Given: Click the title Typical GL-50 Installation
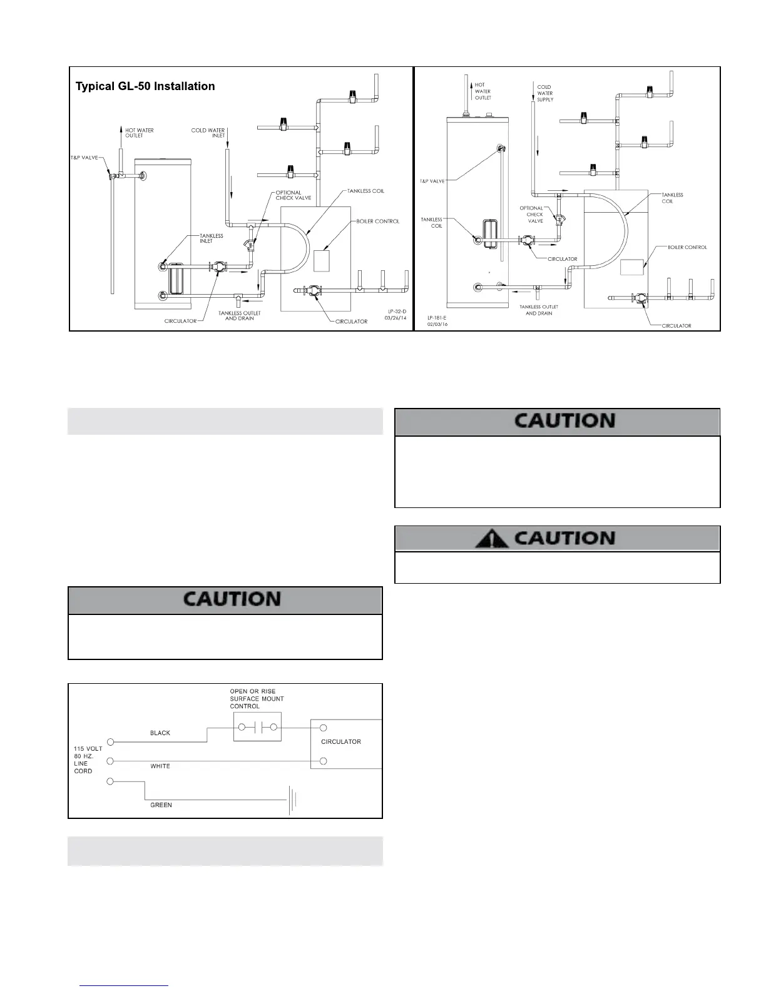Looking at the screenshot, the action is [x=145, y=86].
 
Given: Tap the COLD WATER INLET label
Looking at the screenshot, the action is [x=208, y=133].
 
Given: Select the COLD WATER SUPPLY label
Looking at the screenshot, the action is [x=544, y=93].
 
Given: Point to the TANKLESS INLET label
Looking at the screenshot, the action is [x=212, y=238].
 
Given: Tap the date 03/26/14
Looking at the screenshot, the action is [x=396, y=318].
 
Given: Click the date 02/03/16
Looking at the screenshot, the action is [x=437, y=325].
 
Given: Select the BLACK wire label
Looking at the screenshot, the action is [x=160, y=733].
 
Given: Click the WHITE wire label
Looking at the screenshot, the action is [x=160, y=766].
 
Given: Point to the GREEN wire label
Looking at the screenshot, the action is [x=161, y=805].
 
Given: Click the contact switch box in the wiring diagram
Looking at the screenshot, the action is [x=257, y=728].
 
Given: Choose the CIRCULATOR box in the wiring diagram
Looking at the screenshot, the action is [x=346, y=744].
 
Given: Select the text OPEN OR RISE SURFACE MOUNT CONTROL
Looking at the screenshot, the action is [x=257, y=699].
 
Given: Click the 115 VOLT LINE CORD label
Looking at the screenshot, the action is [x=88, y=760].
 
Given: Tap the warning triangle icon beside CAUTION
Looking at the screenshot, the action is [x=491, y=538].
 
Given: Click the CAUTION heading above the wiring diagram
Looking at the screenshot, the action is [x=232, y=599].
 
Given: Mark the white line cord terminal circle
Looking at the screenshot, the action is [x=110, y=761].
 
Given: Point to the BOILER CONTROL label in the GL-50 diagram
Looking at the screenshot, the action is [x=378, y=221].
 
